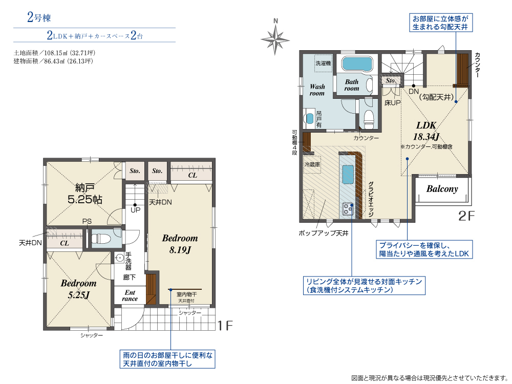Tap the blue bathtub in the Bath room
coord(357,64)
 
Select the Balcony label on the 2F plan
coord(442,189)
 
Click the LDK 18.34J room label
coord(426,131)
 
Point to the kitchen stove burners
coord(348,209)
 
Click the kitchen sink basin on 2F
coord(348,175)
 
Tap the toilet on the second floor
coord(369,119)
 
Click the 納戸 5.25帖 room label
coord(84,194)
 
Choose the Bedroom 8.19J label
coord(180,244)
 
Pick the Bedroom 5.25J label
coord(79,289)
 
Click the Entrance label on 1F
coord(130,295)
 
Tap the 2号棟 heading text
coord(39,17)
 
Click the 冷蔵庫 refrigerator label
coord(312,164)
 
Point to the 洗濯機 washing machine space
coord(323,63)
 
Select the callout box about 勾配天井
coord(441,23)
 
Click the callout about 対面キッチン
coord(364,286)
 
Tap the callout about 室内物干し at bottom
coord(167,359)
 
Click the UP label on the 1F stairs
coord(136,210)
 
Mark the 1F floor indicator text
coord(225,325)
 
